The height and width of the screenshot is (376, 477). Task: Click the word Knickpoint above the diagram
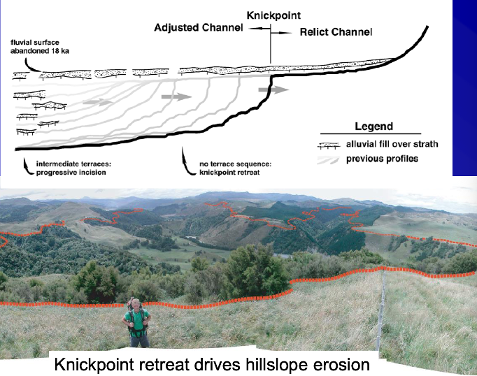click(x=273, y=15)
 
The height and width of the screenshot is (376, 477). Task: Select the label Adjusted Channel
click(x=199, y=27)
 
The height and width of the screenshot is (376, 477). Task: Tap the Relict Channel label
click(x=336, y=32)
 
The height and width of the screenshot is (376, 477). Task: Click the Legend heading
click(x=374, y=126)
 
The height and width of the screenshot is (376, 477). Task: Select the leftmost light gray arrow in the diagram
click(x=97, y=102)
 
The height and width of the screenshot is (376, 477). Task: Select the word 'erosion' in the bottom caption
click(x=340, y=365)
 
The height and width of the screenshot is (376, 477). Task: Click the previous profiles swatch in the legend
click(x=331, y=158)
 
